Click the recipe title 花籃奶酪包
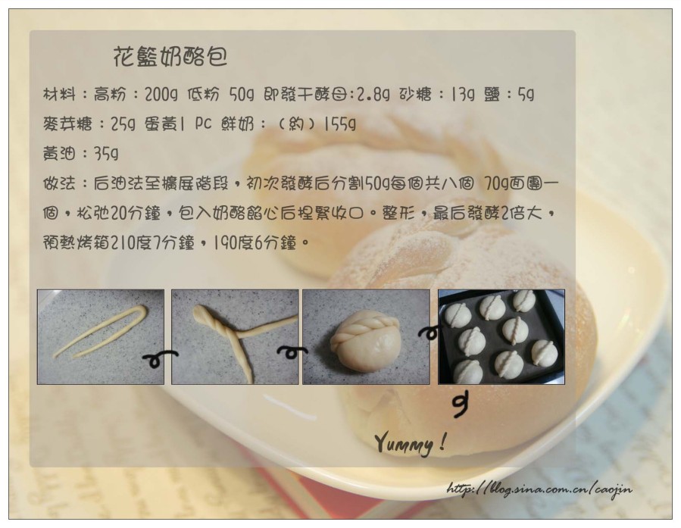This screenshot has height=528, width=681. [170, 57]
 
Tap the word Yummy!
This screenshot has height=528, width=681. [411, 443]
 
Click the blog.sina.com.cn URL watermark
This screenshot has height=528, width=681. [539, 489]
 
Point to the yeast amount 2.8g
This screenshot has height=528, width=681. [373, 95]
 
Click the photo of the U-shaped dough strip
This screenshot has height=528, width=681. [101, 337]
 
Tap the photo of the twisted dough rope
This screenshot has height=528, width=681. [235, 337]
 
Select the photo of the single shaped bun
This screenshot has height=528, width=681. [366, 337]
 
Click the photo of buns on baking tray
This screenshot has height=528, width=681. [501, 337]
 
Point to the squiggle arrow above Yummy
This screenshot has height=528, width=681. [460, 405]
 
